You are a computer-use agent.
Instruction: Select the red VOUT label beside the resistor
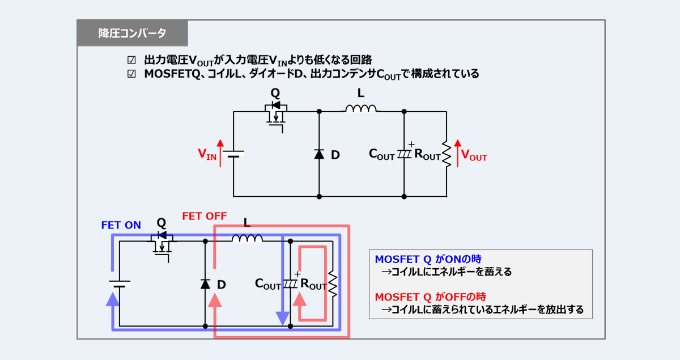474,155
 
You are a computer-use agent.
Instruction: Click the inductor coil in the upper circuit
361,109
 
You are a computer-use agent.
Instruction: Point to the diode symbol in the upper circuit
319,154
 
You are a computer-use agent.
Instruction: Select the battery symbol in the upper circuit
233,154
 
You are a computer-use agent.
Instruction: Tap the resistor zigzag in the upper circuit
447,155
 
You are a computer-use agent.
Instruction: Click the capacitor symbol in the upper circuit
404,154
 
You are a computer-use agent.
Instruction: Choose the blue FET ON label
121,225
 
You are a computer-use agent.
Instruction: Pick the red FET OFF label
204,216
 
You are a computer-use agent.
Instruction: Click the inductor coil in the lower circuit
247,238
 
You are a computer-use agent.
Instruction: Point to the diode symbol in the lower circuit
205,284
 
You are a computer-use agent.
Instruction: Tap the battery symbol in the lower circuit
120,284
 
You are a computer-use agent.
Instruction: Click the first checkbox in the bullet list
131,60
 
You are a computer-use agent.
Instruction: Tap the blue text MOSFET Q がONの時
428,259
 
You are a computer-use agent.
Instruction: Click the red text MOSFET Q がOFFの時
430,297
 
